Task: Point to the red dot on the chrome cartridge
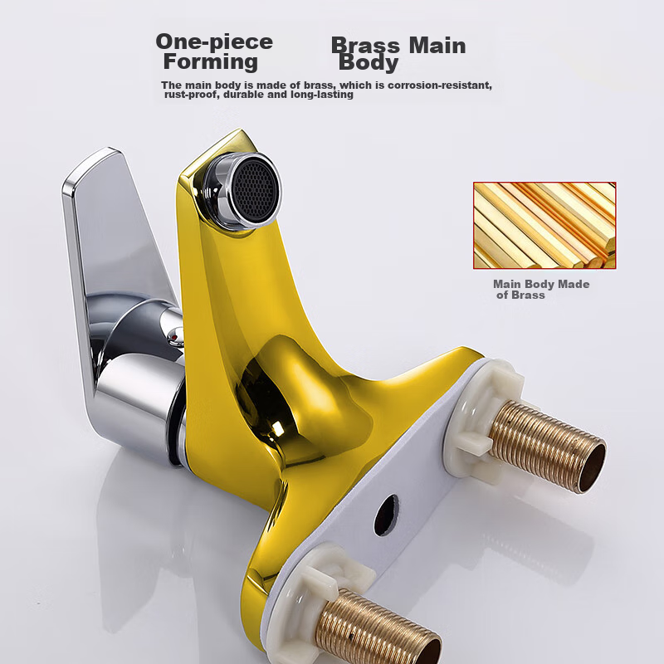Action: point(173,338)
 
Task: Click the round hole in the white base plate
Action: point(386,515)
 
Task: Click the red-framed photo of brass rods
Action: point(544,225)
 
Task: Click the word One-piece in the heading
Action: point(214,42)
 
